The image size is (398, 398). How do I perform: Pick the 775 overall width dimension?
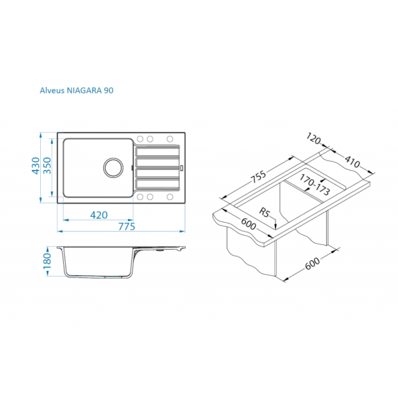point(126,227)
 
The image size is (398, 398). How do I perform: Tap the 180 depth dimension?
point(47,262)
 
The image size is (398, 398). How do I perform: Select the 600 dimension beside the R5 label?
point(248,225)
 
